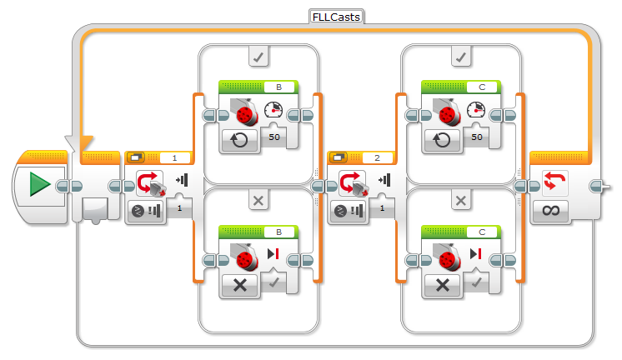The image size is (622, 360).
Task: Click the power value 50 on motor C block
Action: tap(478, 136)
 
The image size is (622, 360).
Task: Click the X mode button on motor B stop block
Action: tap(240, 284)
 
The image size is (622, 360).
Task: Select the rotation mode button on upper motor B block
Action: tap(240, 139)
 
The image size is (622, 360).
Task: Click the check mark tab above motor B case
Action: tap(258, 57)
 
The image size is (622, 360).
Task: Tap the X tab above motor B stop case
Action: tap(258, 201)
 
